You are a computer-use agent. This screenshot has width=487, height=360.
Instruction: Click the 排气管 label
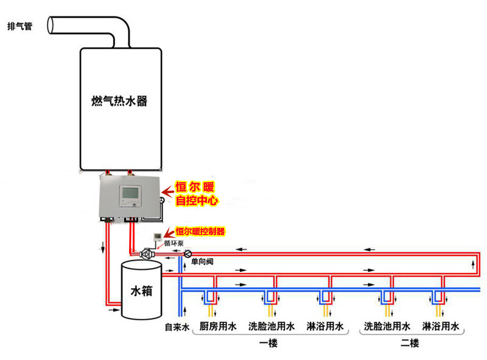(19, 27)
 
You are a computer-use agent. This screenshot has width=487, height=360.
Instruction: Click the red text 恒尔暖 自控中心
(196, 192)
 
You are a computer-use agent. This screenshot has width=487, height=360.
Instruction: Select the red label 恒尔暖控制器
(200, 231)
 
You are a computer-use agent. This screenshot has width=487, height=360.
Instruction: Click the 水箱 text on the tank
(141, 291)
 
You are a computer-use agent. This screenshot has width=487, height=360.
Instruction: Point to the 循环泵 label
(172, 242)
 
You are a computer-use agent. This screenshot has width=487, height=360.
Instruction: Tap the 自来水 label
(177, 327)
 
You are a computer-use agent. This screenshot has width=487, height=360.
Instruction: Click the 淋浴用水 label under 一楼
(324, 326)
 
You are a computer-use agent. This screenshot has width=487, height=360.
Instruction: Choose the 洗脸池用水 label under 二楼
(387, 326)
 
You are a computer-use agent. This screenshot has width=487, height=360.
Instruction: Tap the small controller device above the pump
(157, 236)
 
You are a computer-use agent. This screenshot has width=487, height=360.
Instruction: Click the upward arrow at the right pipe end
(473, 263)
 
